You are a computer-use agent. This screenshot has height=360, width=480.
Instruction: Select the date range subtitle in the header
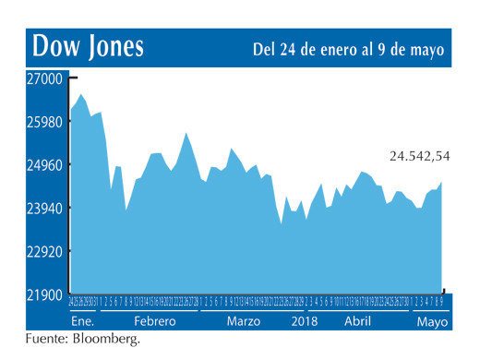click(348, 48)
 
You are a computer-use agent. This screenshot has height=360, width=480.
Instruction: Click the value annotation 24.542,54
click(419, 156)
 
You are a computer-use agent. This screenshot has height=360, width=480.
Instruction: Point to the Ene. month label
click(83, 321)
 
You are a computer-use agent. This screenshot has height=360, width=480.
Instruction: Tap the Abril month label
click(357, 321)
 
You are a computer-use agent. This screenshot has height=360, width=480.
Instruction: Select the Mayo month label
click(430, 321)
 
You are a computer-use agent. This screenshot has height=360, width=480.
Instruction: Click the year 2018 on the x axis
click(306, 321)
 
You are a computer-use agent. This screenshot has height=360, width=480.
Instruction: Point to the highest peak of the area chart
click(81, 94)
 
